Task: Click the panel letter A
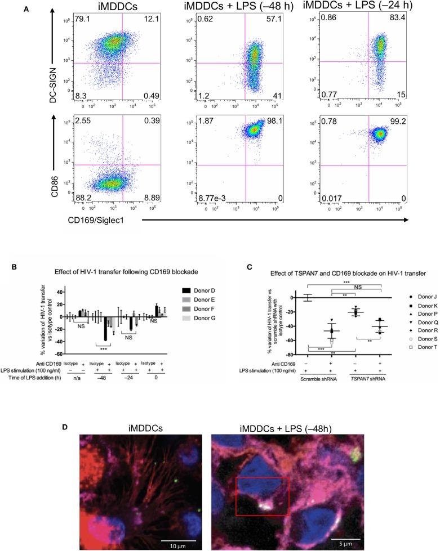pos(25,8)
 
